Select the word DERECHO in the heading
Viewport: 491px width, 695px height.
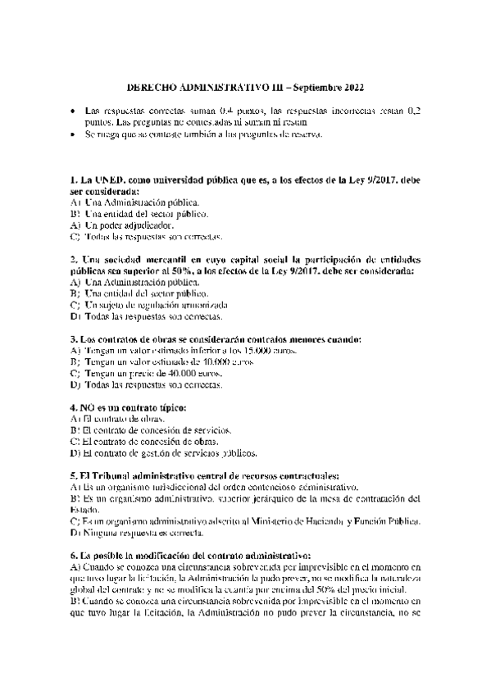[155, 87]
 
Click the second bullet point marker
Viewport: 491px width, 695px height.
[74, 134]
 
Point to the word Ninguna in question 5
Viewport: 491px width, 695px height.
[101, 533]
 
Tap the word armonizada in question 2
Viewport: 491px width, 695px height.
[185, 304]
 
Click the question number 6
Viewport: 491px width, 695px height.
[75, 556]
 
